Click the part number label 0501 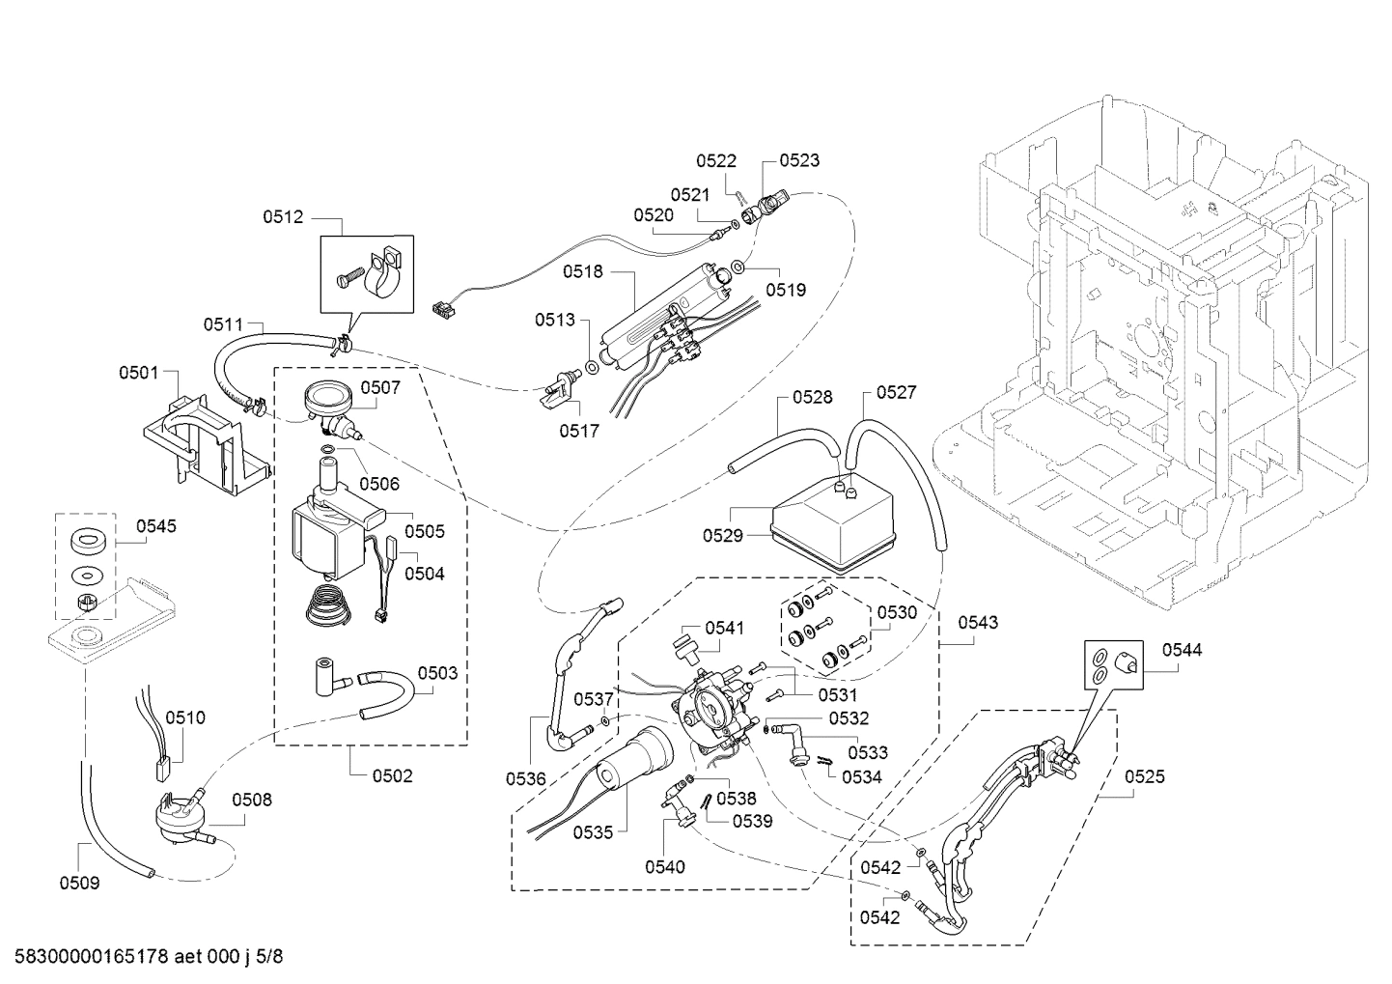click(138, 372)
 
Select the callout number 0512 click(283, 217)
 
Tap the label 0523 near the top click(799, 160)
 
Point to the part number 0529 click(723, 535)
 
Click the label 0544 click(1182, 650)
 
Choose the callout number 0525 click(1144, 776)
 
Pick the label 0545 click(155, 526)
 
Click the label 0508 click(251, 800)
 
